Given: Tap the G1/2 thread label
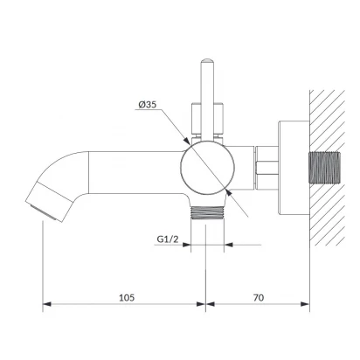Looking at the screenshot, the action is tap(168, 239).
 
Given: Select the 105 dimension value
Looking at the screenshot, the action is tap(127, 298).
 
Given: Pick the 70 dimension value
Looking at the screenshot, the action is tap(259, 298).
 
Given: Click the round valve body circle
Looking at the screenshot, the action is tap(207, 168).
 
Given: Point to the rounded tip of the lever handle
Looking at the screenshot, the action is tap(207, 61).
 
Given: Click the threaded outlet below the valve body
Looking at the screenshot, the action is tap(207, 213).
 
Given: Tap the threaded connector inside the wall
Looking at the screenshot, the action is tap(324, 168).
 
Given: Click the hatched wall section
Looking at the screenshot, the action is tap(328, 168).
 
